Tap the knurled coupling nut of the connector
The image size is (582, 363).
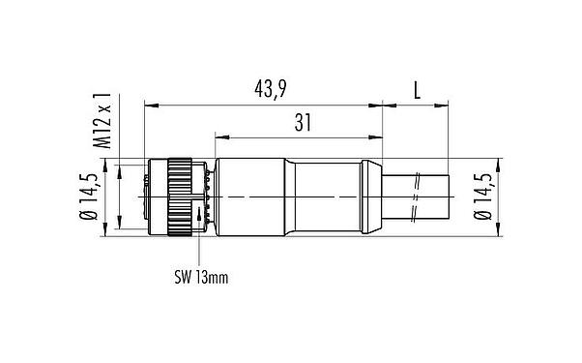point(178,196)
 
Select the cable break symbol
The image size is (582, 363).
point(417,196)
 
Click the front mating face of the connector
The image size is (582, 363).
point(147,196)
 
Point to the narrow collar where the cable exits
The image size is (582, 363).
point(372,196)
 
